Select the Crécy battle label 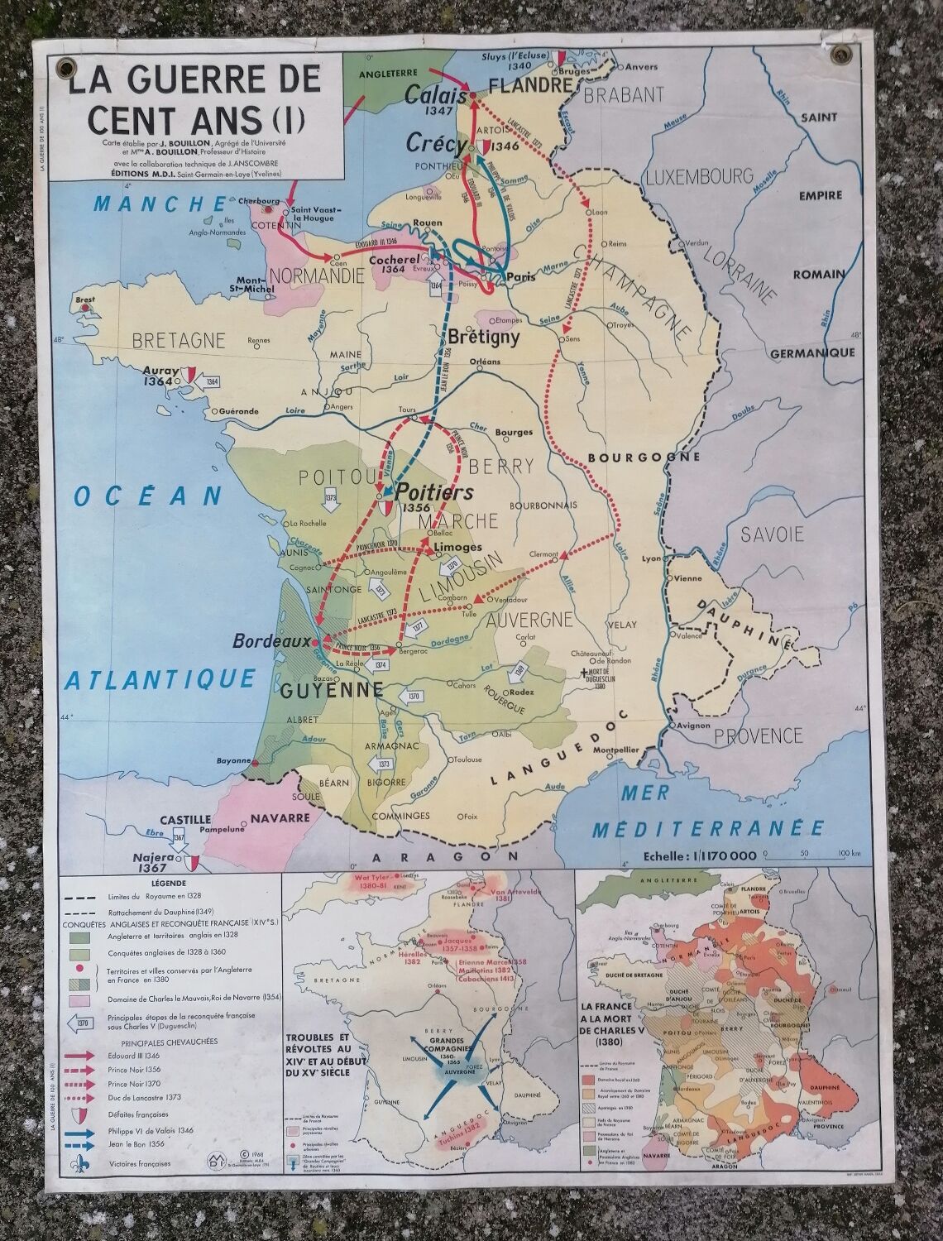[x=436, y=143]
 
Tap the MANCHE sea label [x=160, y=204]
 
